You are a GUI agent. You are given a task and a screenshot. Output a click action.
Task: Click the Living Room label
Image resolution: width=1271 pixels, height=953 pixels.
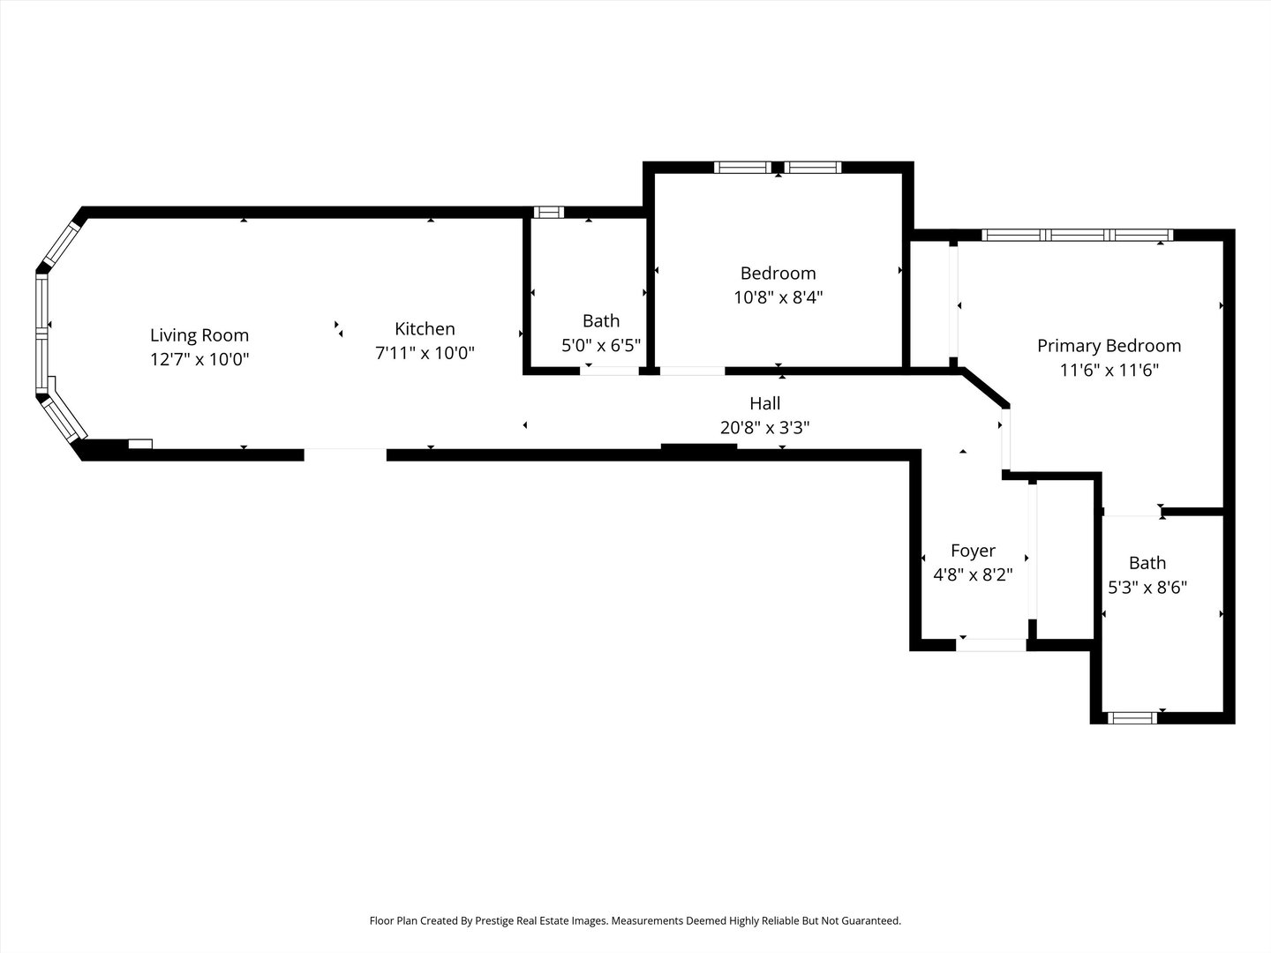pos(199,335)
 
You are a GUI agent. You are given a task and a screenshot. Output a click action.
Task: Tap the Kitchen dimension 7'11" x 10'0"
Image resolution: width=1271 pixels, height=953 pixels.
pos(425,353)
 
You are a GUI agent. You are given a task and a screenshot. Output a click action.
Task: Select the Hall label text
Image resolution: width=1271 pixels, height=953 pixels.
pos(764,403)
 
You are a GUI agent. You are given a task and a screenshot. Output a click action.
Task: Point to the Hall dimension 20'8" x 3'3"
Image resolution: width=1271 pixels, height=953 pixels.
pos(764,428)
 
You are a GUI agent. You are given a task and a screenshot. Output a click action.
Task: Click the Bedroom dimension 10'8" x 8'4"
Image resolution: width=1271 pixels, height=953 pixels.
pos(778,297)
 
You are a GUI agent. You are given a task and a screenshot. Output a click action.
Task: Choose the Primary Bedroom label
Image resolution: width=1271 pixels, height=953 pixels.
pos(1109,346)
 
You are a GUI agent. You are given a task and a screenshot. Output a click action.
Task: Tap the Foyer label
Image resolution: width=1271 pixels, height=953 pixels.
pos(973,551)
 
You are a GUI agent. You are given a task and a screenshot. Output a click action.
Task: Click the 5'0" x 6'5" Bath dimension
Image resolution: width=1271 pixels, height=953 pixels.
pos(601,345)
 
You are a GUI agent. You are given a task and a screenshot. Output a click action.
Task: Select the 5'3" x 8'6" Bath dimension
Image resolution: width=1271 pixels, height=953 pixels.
pos(1147,587)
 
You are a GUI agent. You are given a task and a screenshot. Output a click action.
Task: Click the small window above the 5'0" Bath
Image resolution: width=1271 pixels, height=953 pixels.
pos(549,212)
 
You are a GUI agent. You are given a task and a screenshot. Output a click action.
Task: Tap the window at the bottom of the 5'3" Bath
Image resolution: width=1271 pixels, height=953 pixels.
pos(1132,717)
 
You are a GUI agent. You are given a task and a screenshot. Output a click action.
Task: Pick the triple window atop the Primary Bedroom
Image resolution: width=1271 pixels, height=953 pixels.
pos(1077,235)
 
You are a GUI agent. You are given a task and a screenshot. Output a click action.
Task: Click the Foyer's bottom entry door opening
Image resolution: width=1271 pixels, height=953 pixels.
pos(991,645)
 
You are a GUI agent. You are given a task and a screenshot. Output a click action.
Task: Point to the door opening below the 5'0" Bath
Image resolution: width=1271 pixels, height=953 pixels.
pos(609,371)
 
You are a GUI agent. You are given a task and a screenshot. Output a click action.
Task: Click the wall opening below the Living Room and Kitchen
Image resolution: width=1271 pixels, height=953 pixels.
pos(345,454)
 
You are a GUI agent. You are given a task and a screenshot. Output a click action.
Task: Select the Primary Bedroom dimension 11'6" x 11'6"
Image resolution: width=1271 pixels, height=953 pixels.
pos(1109,371)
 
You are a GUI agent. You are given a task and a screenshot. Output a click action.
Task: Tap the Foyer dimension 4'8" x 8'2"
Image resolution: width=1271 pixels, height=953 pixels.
pos(973,574)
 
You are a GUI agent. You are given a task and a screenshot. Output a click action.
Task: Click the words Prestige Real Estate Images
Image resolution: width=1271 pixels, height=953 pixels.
pos(541,920)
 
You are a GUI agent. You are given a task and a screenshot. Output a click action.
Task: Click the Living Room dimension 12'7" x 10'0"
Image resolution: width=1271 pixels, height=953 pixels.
pos(199,359)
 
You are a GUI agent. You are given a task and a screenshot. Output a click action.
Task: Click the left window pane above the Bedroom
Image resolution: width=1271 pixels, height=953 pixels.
pos(742,167)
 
